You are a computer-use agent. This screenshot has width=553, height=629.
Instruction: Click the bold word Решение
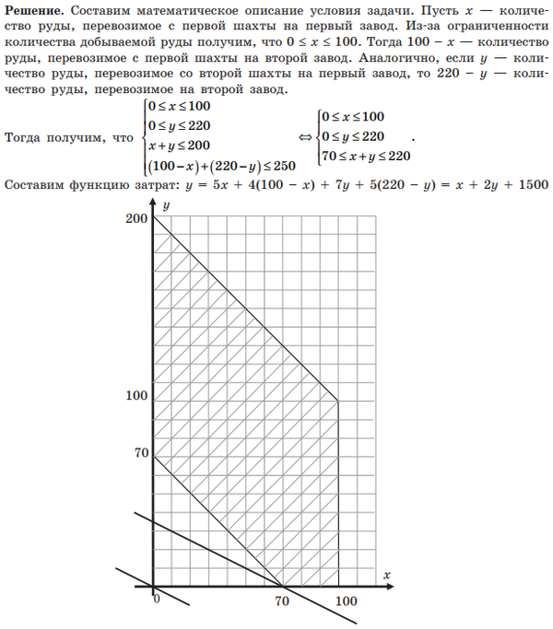(x=34, y=8)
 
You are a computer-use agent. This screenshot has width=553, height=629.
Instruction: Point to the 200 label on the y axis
(x=138, y=218)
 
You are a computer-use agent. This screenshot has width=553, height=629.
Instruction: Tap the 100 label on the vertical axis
(x=138, y=396)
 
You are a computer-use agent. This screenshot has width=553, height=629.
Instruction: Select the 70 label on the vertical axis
(x=142, y=452)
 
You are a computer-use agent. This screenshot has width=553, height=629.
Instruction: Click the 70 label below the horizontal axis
(x=282, y=601)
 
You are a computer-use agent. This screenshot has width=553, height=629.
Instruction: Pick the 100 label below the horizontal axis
(x=346, y=601)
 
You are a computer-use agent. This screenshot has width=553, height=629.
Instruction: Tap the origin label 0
(x=157, y=600)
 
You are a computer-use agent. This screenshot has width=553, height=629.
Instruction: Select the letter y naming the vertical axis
(x=166, y=206)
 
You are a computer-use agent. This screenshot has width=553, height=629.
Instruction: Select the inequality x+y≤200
(x=179, y=146)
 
